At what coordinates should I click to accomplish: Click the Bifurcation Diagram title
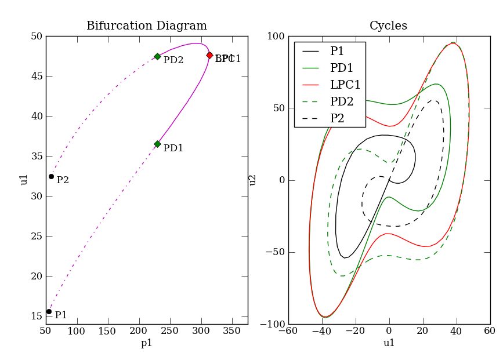click(x=147, y=26)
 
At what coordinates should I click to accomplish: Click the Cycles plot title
click(x=388, y=26)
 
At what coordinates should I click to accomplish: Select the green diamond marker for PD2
click(x=157, y=56)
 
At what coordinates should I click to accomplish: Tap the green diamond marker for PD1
click(x=157, y=144)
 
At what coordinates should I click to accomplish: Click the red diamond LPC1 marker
click(x=209, y=55)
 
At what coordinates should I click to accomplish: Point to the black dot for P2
click(x=51, y=176)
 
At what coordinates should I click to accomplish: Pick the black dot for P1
click(x=49, y=311)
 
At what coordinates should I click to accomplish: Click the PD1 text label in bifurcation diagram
click(x=173, y=148)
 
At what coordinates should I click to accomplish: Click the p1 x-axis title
click(x=147, y=343)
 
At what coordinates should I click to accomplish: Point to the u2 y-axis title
click(x=253, y=180)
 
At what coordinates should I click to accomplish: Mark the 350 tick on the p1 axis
click(x=232, y=332)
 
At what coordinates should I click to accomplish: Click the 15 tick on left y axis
click(x=37, y=317)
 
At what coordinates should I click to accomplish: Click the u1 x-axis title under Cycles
click(x=389, y=343)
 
